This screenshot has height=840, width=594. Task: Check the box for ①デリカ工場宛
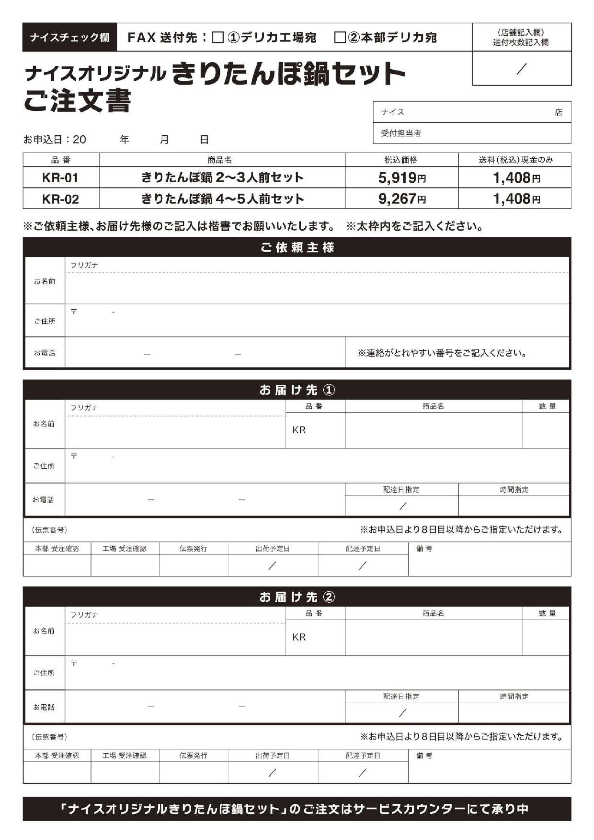tap(218, 37)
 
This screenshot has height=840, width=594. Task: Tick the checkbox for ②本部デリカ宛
tap(340, 37)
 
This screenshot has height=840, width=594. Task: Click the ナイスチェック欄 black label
tap(70, 37)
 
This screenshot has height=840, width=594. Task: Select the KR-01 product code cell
tap(61, 178)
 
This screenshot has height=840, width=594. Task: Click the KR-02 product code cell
tap(61, 199)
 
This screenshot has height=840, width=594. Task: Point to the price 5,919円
tap(402, 178)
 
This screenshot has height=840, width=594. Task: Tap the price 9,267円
tap(402, 199)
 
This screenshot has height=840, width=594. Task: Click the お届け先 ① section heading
tap(297, 390)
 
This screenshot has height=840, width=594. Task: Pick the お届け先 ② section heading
tap(297, 597)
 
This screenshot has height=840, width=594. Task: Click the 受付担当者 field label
tap(401, 133)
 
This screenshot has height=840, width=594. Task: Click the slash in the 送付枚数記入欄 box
tap(522, 68)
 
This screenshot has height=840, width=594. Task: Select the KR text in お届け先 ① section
tap(299, 430)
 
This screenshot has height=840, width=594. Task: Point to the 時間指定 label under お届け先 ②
tap(514, 696)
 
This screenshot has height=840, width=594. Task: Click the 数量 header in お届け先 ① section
tap(547, 406)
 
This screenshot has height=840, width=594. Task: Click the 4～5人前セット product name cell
tap(222, 199)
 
